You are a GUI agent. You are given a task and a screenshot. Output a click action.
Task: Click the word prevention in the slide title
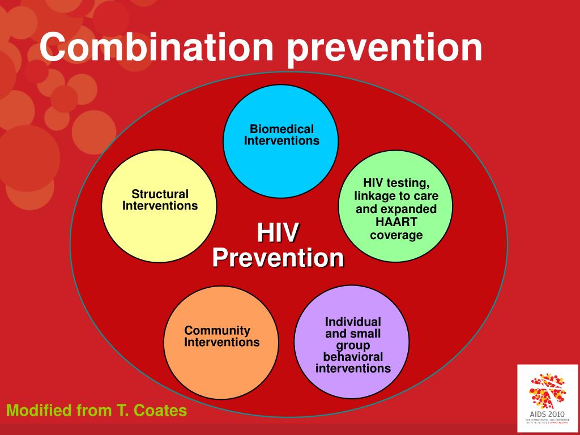click(x=385, y=49)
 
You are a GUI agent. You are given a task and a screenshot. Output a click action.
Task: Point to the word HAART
click(x=396, y=222)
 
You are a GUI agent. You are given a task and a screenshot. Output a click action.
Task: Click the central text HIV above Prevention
click(x=278, y=233)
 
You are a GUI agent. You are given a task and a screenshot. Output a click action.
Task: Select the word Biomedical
click(x=282, y=130)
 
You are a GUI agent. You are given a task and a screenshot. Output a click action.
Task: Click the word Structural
click(x=160, y=194)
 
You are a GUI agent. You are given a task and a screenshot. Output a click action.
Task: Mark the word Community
click(x=217, y=330)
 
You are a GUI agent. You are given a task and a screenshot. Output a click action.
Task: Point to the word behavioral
click(x=352, y=357)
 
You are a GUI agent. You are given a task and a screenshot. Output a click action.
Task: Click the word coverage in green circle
click(x=396, y=234)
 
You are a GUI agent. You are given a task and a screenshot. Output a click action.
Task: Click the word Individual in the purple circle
click(x=352, y=321)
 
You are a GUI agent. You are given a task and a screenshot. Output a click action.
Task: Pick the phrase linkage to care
click(x=396, y=196)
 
